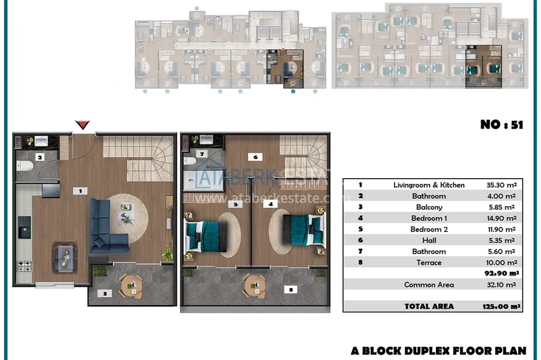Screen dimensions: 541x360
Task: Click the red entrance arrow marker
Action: pos(83,125)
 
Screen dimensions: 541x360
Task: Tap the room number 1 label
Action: pos(80,191)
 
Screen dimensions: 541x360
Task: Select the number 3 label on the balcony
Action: pos(104,293)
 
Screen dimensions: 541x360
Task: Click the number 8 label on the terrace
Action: pos(290,289)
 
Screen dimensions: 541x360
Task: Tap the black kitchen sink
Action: pos(24,227)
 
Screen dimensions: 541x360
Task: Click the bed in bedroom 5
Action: pos(206,237)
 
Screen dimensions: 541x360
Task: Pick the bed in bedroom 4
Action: pos(304,230)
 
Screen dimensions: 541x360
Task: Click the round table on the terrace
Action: pos(255,286)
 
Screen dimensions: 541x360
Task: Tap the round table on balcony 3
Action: pos(130,286)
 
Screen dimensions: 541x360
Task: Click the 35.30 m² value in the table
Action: pos(502,185)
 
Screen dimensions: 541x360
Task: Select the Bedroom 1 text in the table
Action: pos(429,218)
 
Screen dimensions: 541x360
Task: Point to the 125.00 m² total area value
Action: pos(502,306)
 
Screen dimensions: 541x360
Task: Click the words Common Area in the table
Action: pos(429,285)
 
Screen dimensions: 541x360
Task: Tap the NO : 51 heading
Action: pos(502,125)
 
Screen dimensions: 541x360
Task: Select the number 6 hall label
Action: pos(255,157)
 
